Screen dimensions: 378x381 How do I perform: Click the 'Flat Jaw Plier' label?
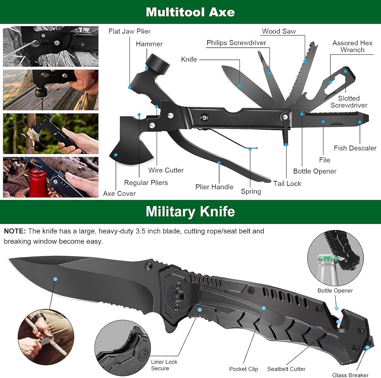tap(129, 31)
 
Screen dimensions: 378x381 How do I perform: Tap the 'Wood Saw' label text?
tap(279, 31)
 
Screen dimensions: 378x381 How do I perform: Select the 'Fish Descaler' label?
tap(355, 148)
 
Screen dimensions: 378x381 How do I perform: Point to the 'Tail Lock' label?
tap(287, 184)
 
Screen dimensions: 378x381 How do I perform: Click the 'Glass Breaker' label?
tap(350, 375)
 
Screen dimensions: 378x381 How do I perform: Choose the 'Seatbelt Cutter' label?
tap(286, 369)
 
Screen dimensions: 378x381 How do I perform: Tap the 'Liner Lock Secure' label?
tap(164, 365)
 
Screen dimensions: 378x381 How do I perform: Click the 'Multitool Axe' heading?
tap(190, 12)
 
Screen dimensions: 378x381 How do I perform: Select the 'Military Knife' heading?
tap(190, 212)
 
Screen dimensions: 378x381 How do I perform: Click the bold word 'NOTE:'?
tap(15, 231)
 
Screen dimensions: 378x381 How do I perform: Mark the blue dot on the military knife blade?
tap(55, 279)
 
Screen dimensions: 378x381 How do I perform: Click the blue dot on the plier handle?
tap(219, 163)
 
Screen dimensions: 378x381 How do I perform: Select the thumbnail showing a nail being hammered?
tap(51, 90)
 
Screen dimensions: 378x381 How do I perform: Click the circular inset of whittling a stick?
tap(46, 337)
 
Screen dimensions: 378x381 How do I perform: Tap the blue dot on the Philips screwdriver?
tap(269, 73)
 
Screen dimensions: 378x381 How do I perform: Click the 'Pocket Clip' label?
tap(243, 369)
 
